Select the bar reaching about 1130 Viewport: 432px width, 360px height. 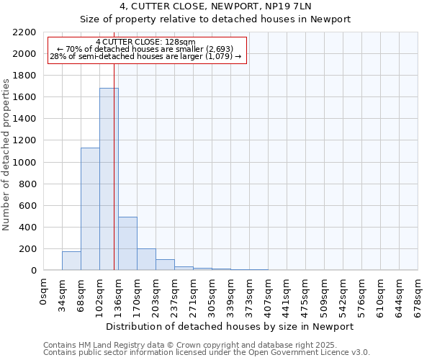(x=90, y=209)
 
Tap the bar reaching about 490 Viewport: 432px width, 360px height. (x=127, y=243)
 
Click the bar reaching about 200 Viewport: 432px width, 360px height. (x=146, y=259)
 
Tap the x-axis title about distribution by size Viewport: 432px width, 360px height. (x=229, y=326)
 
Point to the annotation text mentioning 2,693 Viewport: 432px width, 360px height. (x=148, y=49)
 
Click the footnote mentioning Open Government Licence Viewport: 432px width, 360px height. (x=207, y=353)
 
